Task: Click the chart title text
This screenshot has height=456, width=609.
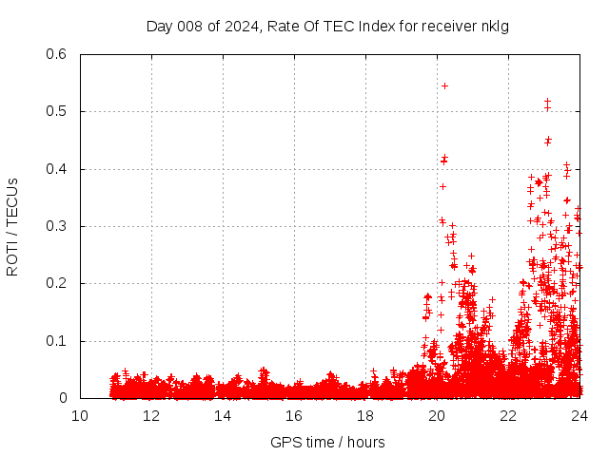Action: point(327,26)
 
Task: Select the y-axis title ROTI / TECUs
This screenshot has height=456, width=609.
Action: point(12,226)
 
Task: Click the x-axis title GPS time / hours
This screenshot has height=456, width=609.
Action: point(327,442)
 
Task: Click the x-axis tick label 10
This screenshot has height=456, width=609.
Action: point(80,416)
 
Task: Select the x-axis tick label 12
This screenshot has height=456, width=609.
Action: point(151,416)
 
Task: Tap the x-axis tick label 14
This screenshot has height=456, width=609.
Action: point(223,416)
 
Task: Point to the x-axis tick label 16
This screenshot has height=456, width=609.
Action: point(294,416)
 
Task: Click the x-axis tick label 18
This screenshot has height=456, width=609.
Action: point(365,416)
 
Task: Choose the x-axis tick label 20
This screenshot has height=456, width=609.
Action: point(437,416)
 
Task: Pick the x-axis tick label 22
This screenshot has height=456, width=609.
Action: point(508,416)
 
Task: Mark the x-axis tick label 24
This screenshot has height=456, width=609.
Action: point(580,416)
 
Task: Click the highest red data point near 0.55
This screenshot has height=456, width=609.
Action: point(444,85)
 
